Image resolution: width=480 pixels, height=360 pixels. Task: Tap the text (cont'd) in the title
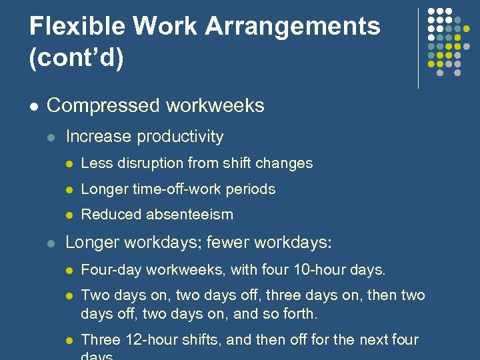pos(76,57)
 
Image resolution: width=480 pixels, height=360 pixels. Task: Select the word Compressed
pos(103,105)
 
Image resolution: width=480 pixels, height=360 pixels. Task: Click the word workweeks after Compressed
pos(215,105)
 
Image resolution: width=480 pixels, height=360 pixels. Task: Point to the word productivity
pos(180,137)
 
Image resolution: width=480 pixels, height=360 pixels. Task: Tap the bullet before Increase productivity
pos(50,137)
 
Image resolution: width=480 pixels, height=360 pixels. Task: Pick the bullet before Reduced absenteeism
pos(67,215)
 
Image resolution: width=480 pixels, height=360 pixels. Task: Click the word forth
pos(301,313)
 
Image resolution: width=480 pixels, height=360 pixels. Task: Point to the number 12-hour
pos(147,339)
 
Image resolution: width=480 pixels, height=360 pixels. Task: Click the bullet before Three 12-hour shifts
pos(67,340)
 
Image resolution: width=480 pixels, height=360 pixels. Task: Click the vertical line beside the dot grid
pos(419,48)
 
